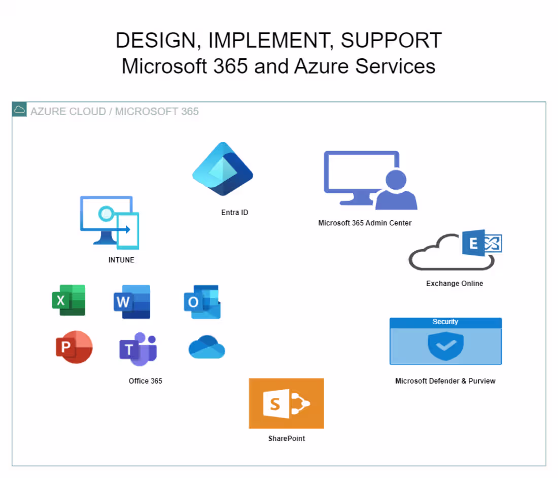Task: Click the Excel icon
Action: click(68, 300)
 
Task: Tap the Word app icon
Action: click(132, 302)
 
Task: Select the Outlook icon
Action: click(202, 302)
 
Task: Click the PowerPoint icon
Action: click(74, 347)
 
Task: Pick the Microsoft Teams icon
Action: click(138, 349)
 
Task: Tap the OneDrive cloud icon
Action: click(206, 348)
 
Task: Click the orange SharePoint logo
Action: click(286, 403)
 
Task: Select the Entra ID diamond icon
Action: click(223, 169)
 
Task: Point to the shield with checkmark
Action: click(445, 346)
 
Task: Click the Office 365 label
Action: click(146, 381)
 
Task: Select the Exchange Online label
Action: click(454, 284)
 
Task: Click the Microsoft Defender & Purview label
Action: click(445, 381)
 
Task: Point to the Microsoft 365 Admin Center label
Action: click(365, 223)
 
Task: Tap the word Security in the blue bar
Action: click(445, 322)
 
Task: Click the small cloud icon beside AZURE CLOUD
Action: click(19, 109)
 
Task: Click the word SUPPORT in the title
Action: click(391, 41)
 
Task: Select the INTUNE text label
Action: click(121, 260)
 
